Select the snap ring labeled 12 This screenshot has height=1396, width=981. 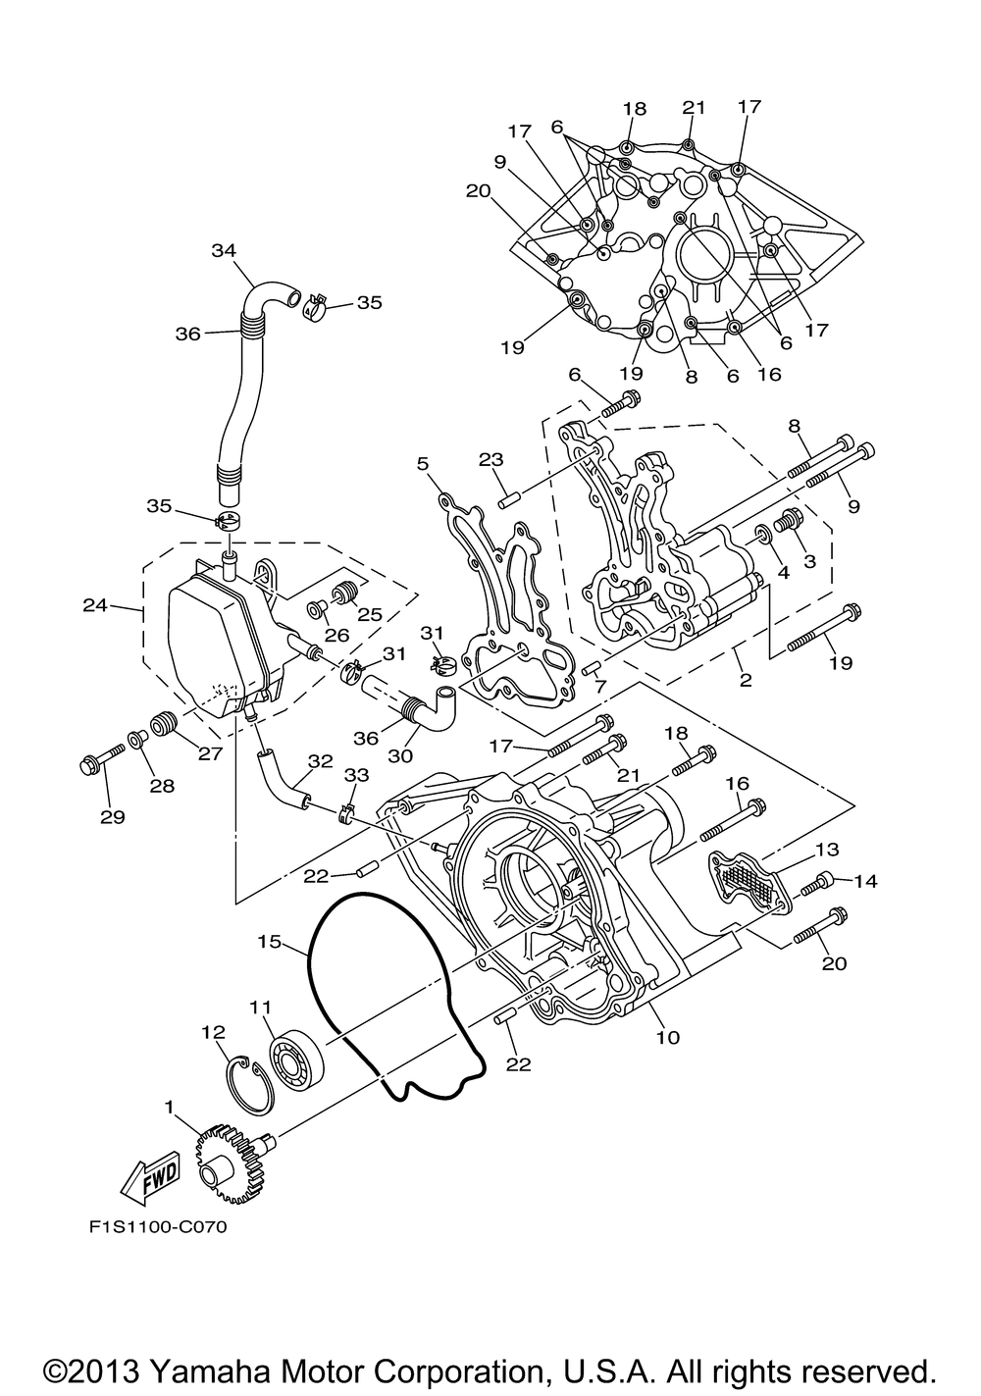tap(248, 1086)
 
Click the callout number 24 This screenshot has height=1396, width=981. tap(95, 604)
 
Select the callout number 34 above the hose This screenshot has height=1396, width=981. tap(224, 250)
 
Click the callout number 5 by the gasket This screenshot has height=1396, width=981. tap(423, 464)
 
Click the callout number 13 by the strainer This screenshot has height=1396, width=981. tap(827, 850)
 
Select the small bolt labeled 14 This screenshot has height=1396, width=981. tap(818, 883)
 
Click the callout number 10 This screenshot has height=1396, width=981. tap(667, 1037)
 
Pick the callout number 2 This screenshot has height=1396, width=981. tap(746, 679)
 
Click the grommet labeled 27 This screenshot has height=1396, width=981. tap(165, 724)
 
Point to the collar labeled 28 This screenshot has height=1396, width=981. tap(137, 740)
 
